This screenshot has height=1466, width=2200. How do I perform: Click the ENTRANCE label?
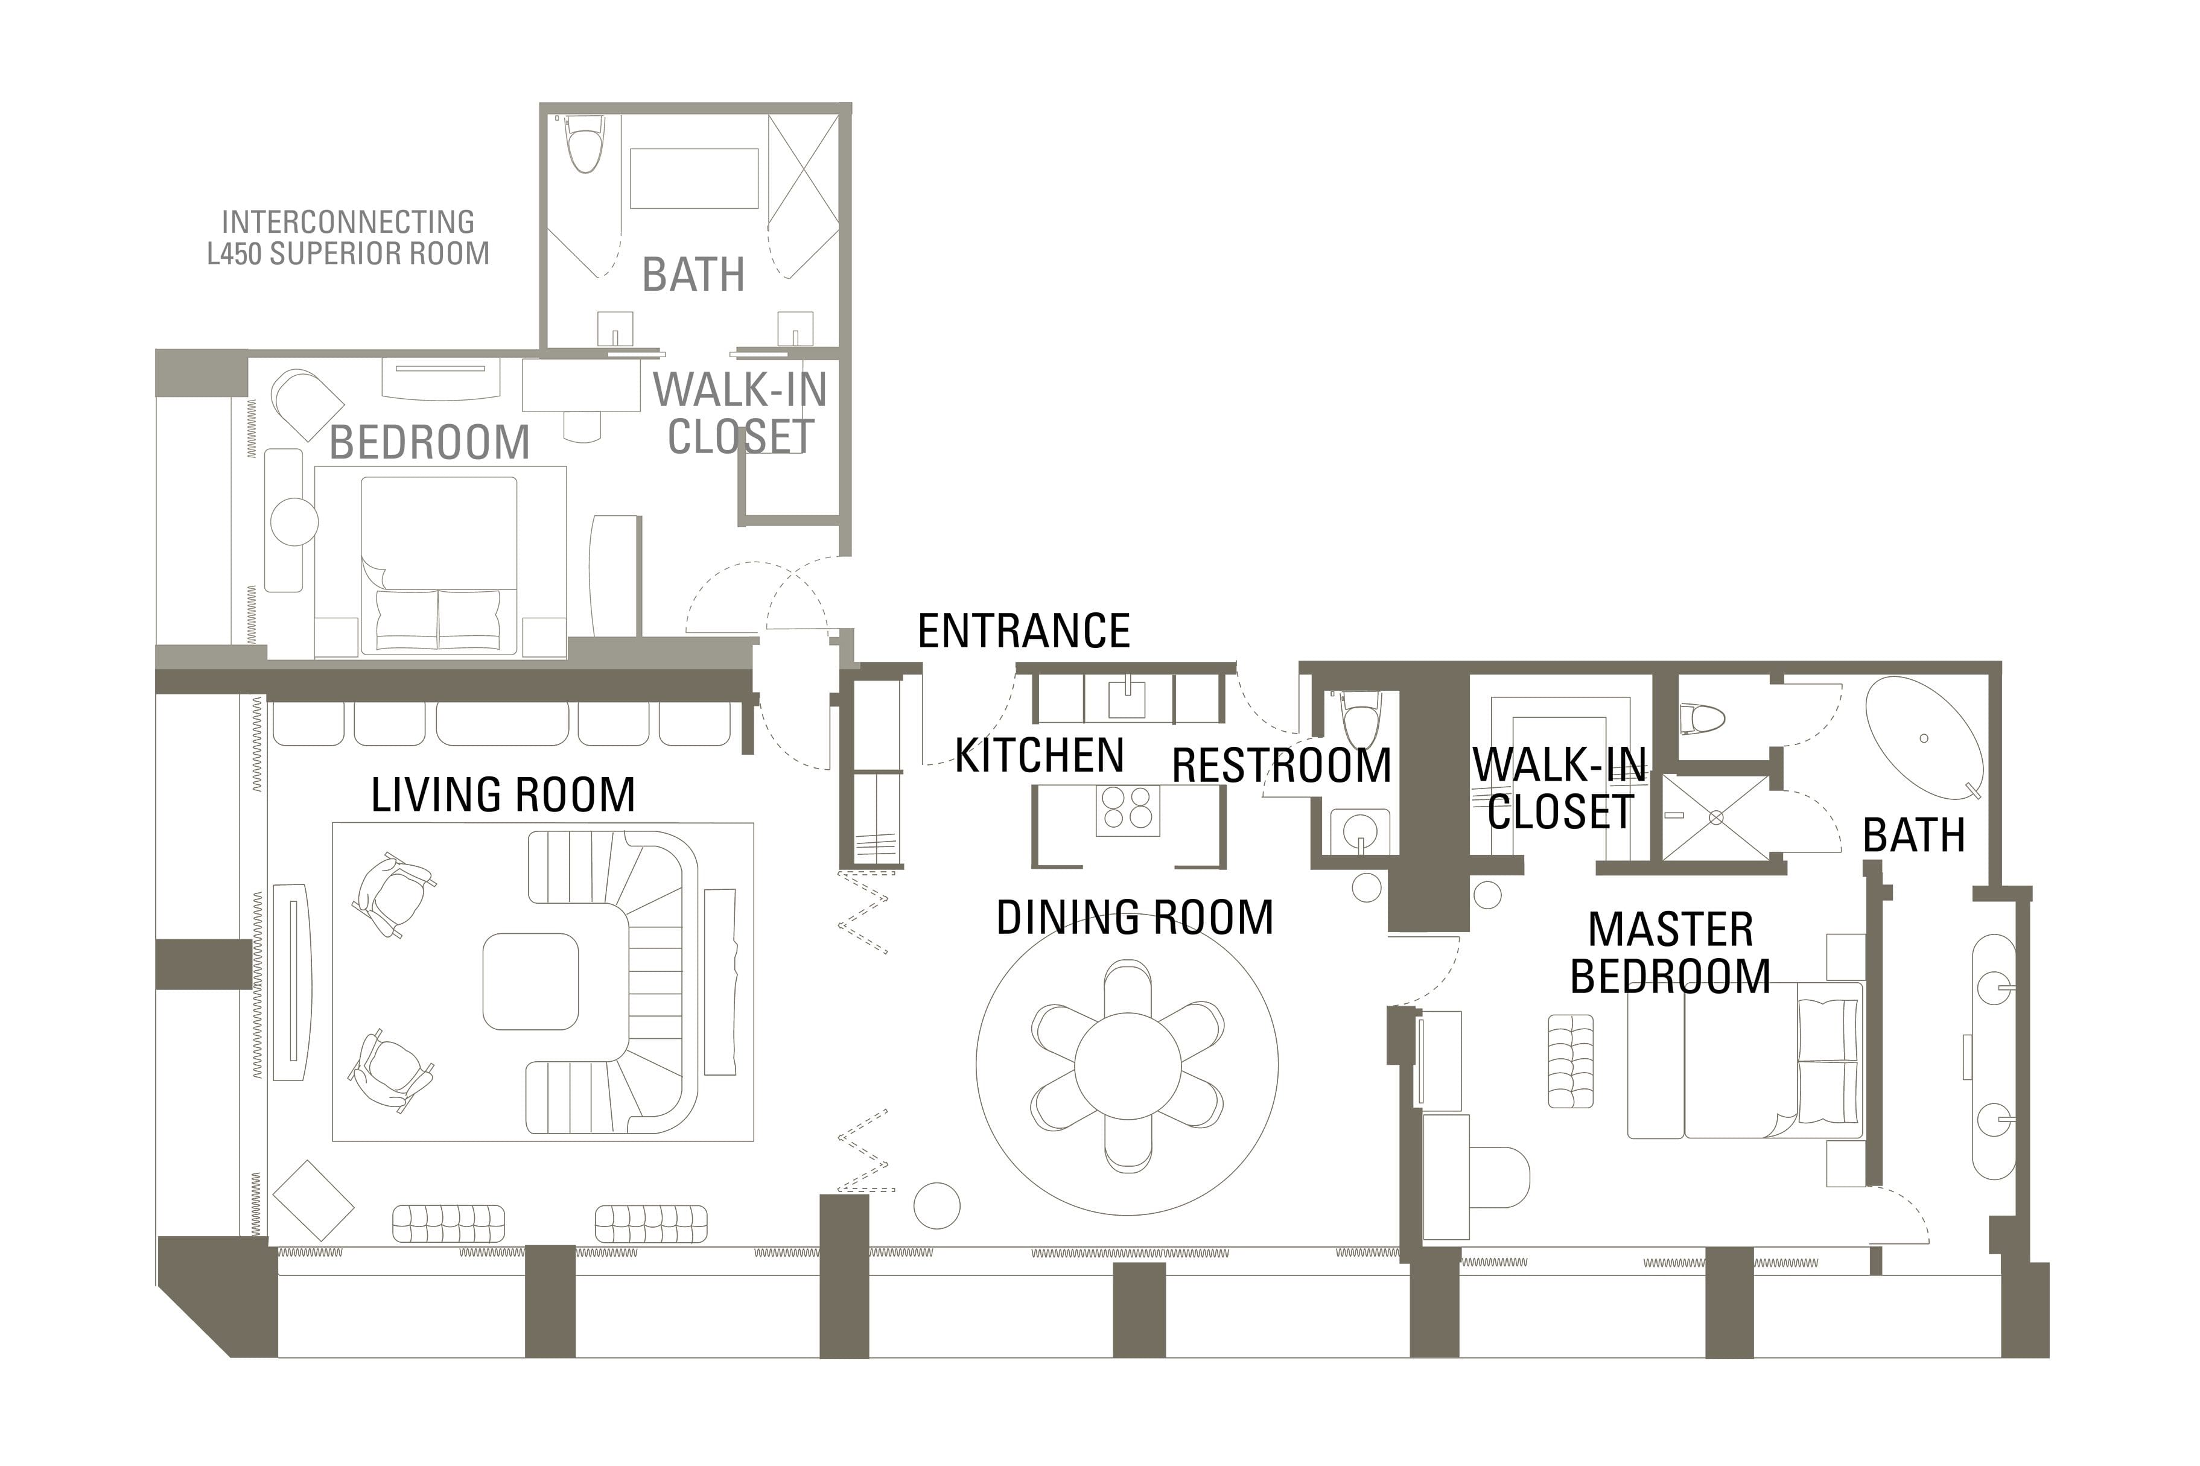(x=1024, y=632)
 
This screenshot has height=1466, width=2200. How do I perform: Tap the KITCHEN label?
(x=1039, y=755)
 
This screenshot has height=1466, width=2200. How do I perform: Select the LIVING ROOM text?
(x=503, y=796)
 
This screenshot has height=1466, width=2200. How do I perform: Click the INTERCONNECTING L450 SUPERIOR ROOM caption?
(x=348, y=238)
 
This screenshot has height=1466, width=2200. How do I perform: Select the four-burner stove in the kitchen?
(x=1128, y=810)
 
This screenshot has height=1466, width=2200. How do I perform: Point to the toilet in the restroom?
(x=1361, y=720)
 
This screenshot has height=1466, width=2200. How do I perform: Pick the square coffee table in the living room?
(x=531, y=981)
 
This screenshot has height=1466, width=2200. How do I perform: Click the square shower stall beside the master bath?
(x=1715, y=817)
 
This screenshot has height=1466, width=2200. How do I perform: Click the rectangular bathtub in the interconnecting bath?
(x=694, y=177)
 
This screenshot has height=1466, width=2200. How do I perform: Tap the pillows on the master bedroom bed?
(x=1827, y=1061)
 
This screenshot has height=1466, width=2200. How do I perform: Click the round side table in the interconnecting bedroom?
(x=294, y=521)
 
